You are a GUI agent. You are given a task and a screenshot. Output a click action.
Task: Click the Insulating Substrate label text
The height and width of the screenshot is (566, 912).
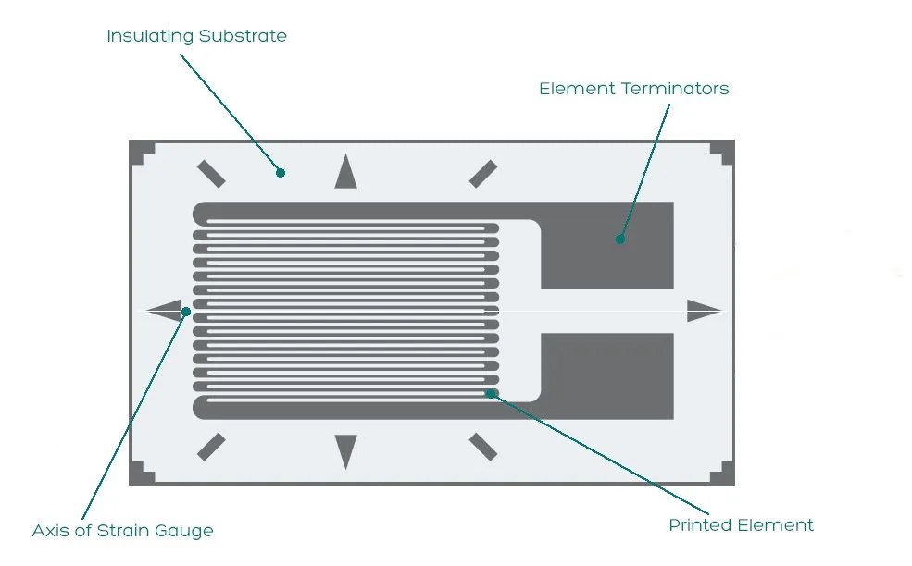click(x=196, y=36)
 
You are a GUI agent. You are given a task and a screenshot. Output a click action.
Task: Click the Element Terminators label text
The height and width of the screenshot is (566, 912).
click(x=633, y=89)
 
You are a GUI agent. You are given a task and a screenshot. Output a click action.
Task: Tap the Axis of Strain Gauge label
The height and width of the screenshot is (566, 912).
click(x=122, y=531)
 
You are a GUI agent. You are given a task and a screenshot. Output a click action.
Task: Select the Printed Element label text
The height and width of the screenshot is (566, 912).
click(x=741, y=525)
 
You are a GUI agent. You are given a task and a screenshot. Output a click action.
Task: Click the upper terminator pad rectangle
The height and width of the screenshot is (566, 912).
click(x=606, y=245)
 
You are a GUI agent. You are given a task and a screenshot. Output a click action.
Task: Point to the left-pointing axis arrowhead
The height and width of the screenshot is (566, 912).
click(x=165, y=312)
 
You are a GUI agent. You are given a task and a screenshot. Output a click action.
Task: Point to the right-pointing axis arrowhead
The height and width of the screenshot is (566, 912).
click(x=703, y=312)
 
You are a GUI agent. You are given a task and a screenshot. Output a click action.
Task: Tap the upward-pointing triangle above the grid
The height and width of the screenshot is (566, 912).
click(x=345, y=173)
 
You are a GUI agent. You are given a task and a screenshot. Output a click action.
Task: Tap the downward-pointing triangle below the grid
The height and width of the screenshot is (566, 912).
click(x=345, y=450)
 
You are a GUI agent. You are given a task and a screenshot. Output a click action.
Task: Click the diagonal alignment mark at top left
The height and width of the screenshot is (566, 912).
click(x=211, y=173)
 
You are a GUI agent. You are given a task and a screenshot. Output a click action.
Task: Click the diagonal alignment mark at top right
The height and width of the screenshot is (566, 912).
click(x=482, y=173)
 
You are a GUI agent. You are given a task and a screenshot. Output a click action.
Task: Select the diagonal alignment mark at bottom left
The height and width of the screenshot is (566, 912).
click(x=211, y=446)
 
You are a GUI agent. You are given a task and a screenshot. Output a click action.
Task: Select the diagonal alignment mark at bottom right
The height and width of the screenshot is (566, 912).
click(x=482, y=446)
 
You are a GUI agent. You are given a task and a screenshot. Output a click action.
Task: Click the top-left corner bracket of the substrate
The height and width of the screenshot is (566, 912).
click(x=140, y=152)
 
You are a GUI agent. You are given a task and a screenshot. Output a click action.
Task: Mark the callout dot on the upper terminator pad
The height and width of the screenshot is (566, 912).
click(x=619, y=240)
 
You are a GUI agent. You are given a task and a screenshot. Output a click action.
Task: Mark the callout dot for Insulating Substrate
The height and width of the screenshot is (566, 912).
click(x=281, y=172)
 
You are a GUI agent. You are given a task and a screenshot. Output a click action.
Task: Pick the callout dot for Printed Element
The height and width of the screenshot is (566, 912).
click(x=491, y=393)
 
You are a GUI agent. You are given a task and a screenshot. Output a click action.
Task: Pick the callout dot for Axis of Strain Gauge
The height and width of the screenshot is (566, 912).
click(x=186, y=311)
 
